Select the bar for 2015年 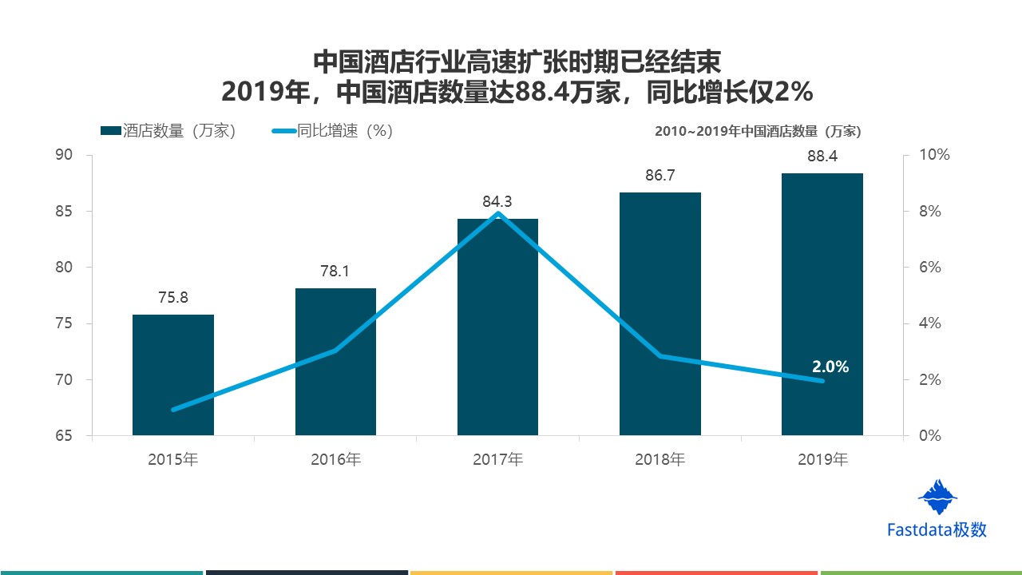pos(173,375)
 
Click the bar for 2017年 pos(497,327)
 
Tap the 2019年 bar pos(822,303)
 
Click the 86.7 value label pos(660,176)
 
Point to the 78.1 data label pos(335,272)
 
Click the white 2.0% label pos(830,367)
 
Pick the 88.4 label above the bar pos(822,157)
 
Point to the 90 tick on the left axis pos(63,155)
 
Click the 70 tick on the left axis pos(63,380)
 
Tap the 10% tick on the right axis pos(935,155)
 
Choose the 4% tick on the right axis pos(930,323)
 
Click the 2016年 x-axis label pos(335,460)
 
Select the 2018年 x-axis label pos(660,460)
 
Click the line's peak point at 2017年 pos(498,213)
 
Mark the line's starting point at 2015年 pos(173,410)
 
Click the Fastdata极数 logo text pos(937,529)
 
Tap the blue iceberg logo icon pos(937,497)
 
